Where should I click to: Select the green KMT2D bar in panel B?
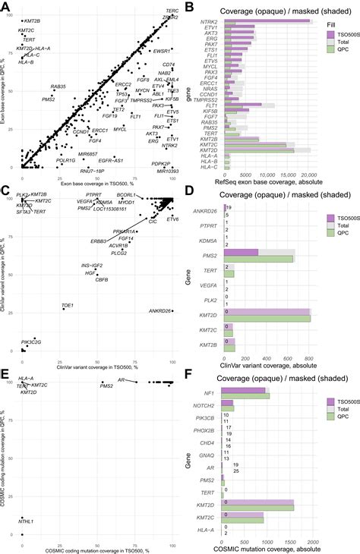tap(258, 152)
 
